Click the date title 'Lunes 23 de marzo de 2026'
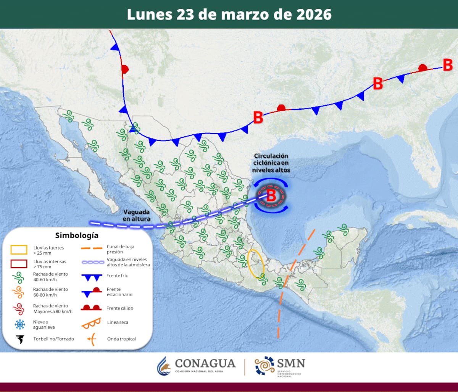tap(229, 15)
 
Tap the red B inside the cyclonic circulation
tap(271, 196)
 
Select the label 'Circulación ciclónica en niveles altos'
tap(271, 163)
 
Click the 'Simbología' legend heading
tap(76, 236)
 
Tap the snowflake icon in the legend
tap(19, 324)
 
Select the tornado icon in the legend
tap(19, 339)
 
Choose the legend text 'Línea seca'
tap(118, 322)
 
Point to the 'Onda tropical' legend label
tap(121, 339)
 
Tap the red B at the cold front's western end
tap(258, 117)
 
